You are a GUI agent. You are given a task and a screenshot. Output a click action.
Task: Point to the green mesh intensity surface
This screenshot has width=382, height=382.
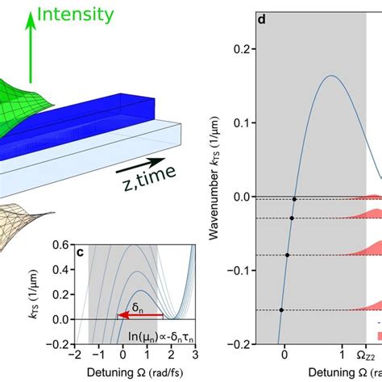tap(24, 105)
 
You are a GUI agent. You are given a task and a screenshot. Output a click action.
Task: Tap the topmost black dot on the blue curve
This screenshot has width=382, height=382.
tap(294, 199)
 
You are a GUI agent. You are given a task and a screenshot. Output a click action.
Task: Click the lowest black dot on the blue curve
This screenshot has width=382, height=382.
tap(281, 309)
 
